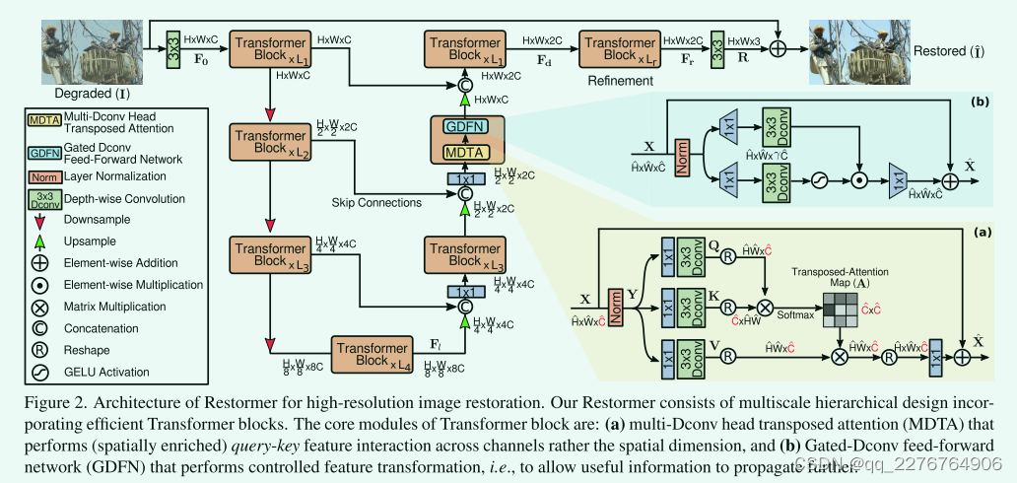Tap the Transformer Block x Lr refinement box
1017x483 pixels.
tap(621, 46)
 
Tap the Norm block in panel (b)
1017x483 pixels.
tap(683, 159)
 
